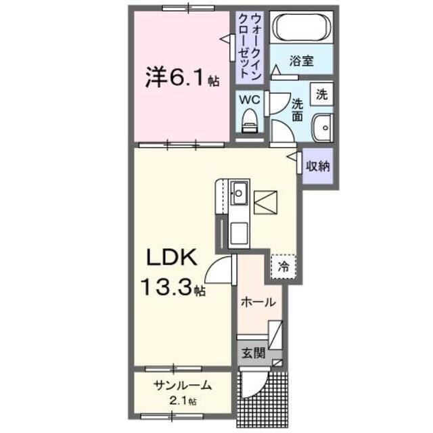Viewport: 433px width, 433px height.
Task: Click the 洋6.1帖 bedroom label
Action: tap(181, 78)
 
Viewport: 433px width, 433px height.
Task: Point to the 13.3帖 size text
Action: tap(174, 288)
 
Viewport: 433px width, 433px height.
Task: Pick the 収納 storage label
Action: tap(317, 166)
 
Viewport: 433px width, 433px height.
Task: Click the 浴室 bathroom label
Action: tap(301, 61)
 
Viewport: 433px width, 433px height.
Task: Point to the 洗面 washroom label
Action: tap(298, 110)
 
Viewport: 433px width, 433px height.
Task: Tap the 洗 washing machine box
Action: tap(322, 94)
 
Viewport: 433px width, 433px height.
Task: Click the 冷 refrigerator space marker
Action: tap(283, 265)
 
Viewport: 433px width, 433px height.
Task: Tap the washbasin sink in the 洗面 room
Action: tap(322, 127)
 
